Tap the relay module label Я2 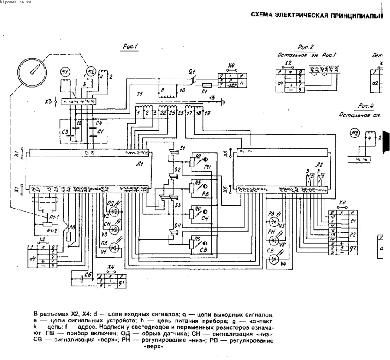pyautogui.click(x=319, y=164)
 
